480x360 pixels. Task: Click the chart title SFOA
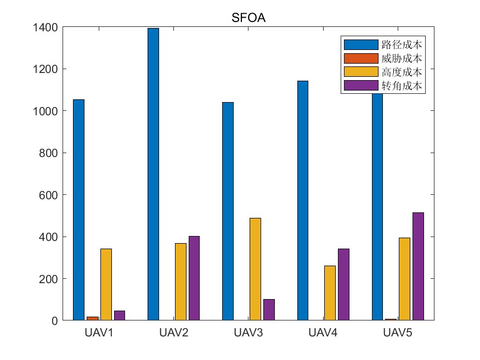249,19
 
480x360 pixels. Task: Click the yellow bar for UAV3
255,269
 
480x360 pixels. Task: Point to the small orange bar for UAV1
92,318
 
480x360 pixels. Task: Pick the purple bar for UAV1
120,316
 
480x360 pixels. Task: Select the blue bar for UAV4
302,200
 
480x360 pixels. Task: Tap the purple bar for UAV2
194,278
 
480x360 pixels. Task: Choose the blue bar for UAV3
228,211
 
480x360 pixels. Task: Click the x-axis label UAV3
249,333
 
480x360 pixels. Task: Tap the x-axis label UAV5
398,333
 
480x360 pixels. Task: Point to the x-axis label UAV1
99,333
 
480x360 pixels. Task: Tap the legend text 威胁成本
402,58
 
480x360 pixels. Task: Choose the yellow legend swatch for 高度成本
360,72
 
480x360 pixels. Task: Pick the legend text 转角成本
402,86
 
